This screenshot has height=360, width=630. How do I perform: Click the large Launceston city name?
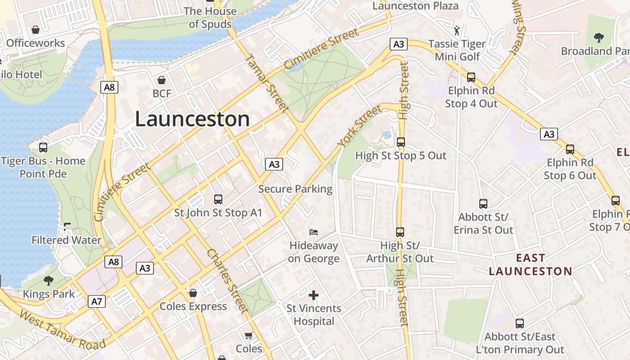192,119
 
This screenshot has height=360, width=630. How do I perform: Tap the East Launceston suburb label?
530,265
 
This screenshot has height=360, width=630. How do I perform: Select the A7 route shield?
97,301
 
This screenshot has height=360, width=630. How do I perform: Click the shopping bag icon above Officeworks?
36,30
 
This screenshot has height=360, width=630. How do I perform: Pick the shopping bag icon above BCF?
162,80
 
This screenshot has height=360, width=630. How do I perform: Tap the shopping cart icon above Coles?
248,335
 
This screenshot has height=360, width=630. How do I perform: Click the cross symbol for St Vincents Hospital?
314,295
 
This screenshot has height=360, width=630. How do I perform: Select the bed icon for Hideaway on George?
314,232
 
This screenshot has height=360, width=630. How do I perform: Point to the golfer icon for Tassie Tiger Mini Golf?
457,31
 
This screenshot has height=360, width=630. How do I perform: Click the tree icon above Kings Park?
48,281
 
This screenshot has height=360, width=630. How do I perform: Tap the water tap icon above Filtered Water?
67,227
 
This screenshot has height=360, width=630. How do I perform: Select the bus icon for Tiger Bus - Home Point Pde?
43,147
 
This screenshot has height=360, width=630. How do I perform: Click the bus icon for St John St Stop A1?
218,199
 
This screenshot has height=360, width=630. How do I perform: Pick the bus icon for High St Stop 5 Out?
400,142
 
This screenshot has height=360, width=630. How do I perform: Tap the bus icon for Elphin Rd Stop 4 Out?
471,77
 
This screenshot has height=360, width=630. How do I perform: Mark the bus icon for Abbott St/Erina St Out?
483,204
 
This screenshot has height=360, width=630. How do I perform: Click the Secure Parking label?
295,189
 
